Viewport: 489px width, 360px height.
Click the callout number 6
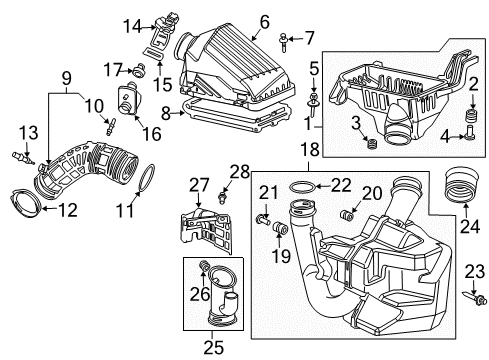coord(264,20)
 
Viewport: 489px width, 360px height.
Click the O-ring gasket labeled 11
coord(145,179)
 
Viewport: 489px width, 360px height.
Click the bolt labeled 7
coord(286,41)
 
